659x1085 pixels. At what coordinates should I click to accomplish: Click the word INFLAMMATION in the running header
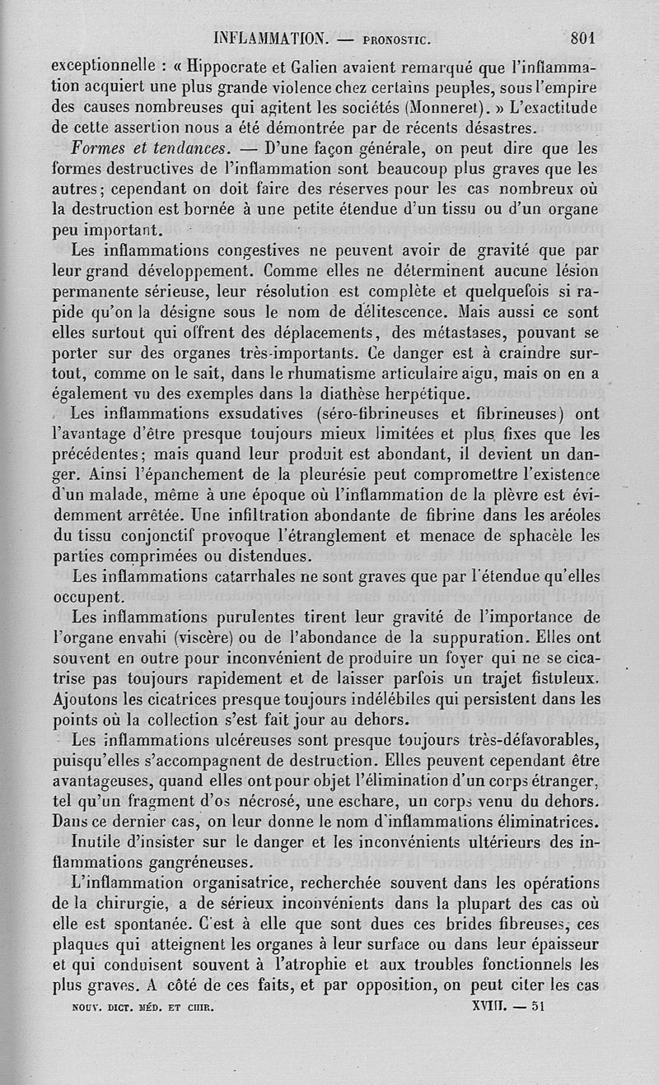[270, 38]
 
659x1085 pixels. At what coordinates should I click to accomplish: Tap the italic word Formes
[100, 149]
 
